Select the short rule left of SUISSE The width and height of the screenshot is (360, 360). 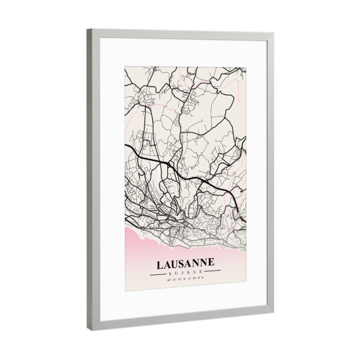(x=159, y=273)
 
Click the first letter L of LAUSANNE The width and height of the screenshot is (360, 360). (x=160, y=265)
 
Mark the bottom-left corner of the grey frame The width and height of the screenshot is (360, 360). (x=88, y=331)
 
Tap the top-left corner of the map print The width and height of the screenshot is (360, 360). (x=125, y=67)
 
